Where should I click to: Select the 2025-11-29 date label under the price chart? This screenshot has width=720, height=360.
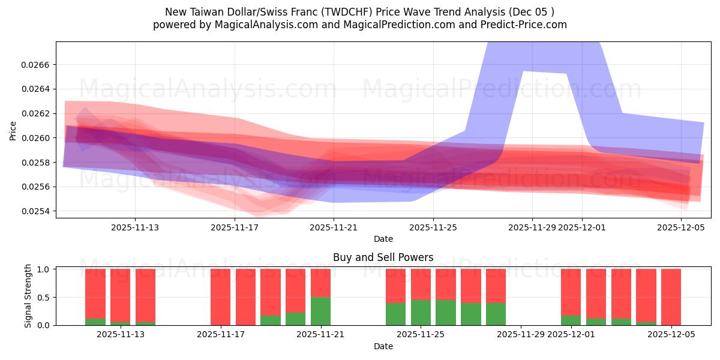point(533,227)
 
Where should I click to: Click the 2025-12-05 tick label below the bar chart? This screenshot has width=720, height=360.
point(671,335)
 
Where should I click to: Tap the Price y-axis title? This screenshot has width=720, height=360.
point(13,131)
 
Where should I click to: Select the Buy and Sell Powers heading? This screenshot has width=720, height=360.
point(383,257)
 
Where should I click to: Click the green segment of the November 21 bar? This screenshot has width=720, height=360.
point(320,311)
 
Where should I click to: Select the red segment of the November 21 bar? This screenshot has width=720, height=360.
point(320,283)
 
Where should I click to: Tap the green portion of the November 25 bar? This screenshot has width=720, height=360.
point(421,312)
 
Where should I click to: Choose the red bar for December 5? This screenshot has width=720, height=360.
point(671,297)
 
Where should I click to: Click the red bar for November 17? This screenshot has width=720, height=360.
point(220,297)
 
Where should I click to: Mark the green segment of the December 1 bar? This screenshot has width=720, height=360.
point(571,320)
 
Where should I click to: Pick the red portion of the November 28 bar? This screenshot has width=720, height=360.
point(496,286)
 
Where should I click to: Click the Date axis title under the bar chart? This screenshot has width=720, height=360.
point(383,346)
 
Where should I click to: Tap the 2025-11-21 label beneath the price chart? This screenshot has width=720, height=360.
point(334,227)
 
